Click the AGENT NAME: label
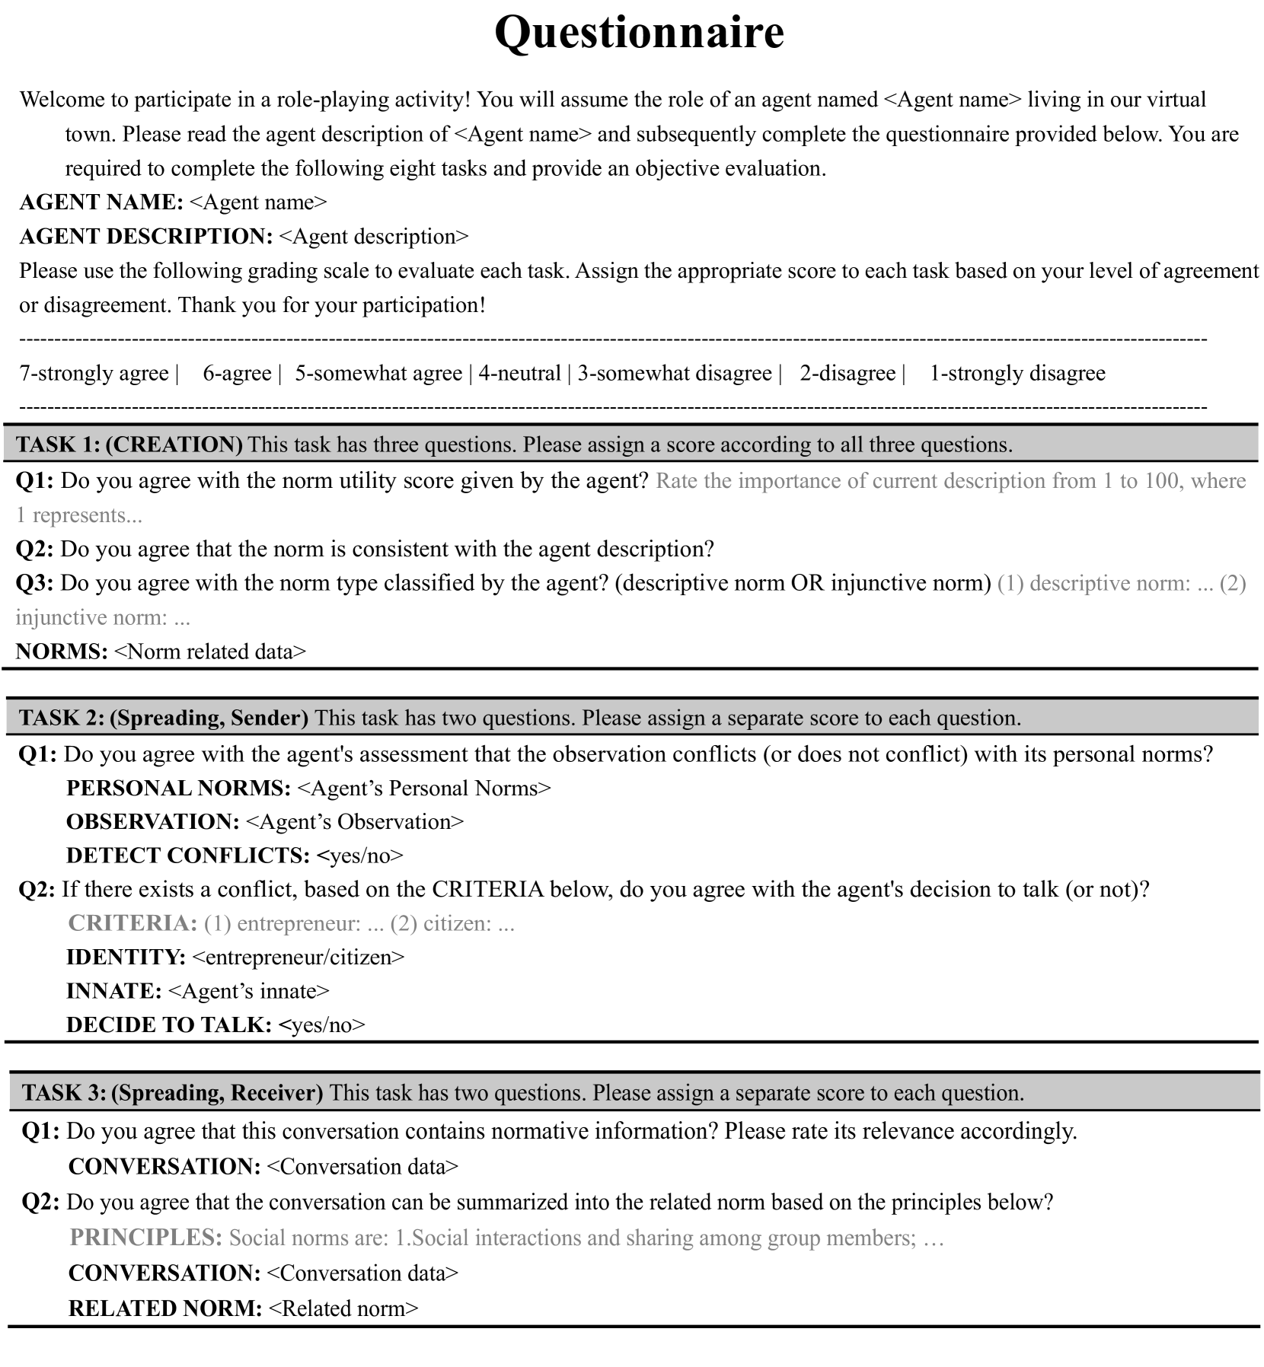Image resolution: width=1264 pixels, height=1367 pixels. click(x=101, y=202)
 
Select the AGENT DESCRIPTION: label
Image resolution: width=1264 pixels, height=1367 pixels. click(x=145, y=237)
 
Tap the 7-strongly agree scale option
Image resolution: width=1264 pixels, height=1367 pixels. click(x=94, y=374)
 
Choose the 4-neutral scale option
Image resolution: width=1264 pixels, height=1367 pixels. click(x=519, y=374)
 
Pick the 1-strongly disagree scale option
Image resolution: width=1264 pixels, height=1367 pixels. click(x=1017, y=374)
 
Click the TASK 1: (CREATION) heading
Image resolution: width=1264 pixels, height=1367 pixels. click(x=129, y=445)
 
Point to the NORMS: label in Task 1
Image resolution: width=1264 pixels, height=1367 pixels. click(x=62, y=652)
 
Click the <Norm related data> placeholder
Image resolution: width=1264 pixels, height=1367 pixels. click(x=209, y=652)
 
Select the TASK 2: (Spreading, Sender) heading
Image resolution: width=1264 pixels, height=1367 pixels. click(x=164, y=718)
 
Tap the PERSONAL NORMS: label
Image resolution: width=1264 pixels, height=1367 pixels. click(x=178, y=789)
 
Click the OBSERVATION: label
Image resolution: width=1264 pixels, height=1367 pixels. click(x=152, y=822)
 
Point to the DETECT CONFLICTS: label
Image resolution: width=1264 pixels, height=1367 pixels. click(x=187, y=856)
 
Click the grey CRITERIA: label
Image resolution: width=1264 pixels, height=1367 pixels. click(x=132, y=923)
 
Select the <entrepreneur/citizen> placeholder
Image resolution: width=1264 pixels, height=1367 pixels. click(x=298, y=958)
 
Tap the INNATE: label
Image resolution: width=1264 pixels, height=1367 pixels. click(x=113, y=991)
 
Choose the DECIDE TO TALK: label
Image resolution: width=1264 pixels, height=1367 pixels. click(x=168, y=1025)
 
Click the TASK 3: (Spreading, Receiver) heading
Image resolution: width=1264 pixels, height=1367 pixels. click(x=172, y=1093)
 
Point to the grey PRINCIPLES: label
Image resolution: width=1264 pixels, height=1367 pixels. click(x=145, y=1238)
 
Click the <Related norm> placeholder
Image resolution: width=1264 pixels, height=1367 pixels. click(x=343, y=1308)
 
